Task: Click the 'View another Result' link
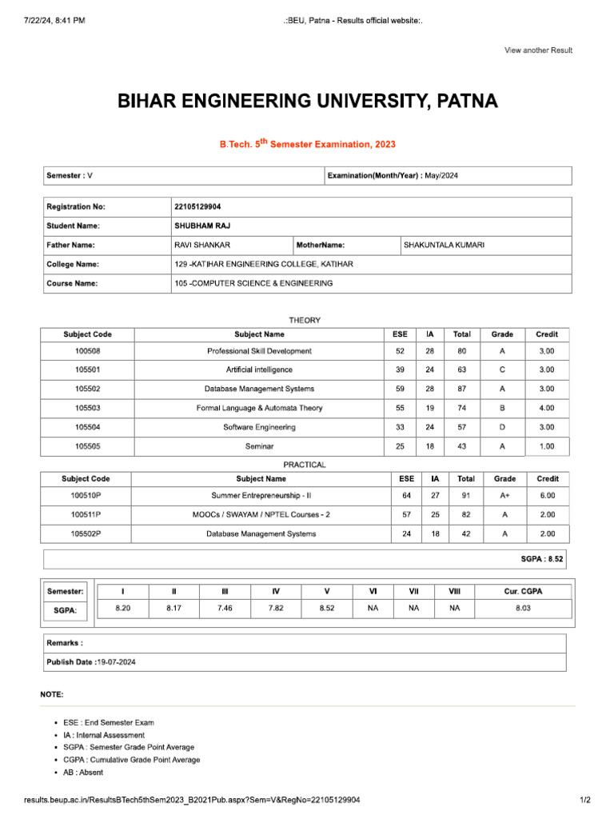pyautogui.click(x=538, y=50)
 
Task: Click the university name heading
pyautogui.click(x=307, y=102)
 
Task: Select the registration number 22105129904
pyautogui.click(x=197, y=206)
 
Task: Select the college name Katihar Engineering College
pyautogui.click(x=264, y=264)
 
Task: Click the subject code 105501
pyautogui.click(x=88, y=370)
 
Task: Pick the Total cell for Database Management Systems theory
pyautogui.click(x=462, y=389)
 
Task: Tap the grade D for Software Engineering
pyautogui.click(x=502, y=427)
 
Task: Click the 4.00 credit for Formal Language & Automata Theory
pyautogui.click(x=547, y=408)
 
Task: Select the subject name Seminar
pyautogui.click(x=259, y=446)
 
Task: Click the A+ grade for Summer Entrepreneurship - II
pyautogui.click(x=504, y=496)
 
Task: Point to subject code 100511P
pyautogui.click(x=86, y=514)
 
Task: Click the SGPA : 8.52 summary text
pyautogui.click(x=542, y=560)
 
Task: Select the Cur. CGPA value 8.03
pyautogui.click(x=523, y=609)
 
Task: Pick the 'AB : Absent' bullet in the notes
pyautogui.click(x=83, y=773)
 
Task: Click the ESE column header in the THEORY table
pyautogui.click(x=400, y=334)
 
